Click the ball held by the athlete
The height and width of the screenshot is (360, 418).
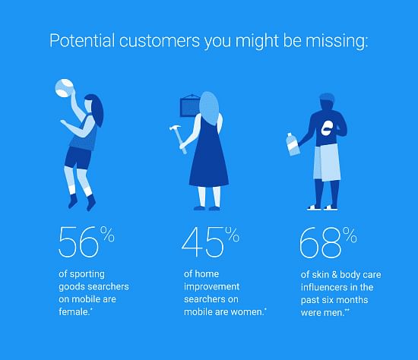65,87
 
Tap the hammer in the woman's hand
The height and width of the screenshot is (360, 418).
179,139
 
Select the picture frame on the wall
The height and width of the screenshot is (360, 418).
190,106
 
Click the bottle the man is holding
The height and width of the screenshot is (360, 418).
293,144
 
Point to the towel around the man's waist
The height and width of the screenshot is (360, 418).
327,163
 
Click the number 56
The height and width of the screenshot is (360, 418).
78,242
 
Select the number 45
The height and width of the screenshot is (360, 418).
203,242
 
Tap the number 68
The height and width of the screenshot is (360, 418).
320,242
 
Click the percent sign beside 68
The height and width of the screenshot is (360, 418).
350,235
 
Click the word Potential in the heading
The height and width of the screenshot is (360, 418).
82,41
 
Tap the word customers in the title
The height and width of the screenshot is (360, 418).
160,41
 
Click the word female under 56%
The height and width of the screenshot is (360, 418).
74,311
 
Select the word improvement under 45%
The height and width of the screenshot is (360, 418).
212,287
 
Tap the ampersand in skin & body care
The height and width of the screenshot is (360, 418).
334,275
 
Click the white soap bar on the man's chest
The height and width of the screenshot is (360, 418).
327,128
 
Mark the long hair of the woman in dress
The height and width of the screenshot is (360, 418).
209,108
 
